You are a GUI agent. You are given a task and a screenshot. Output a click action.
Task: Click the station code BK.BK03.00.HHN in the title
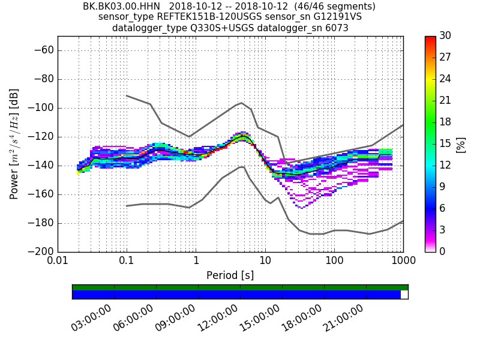[x=121, y=7]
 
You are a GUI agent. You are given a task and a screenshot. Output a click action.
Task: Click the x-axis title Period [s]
[x=230, y=275]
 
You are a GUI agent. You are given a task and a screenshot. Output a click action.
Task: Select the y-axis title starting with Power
[x=14, y=144]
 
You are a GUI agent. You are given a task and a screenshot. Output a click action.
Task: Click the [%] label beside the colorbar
[x=461, y=144]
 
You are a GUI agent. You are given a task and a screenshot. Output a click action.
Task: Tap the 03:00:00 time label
[x=91, y=317]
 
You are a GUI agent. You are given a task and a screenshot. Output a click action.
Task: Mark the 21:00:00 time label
[x=343, y=317]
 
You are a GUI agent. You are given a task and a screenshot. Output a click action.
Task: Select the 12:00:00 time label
[x=217, y=317]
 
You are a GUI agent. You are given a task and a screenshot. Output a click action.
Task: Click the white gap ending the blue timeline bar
[x=404, y=295]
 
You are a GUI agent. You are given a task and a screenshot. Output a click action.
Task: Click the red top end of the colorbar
[x=430, y=38]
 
